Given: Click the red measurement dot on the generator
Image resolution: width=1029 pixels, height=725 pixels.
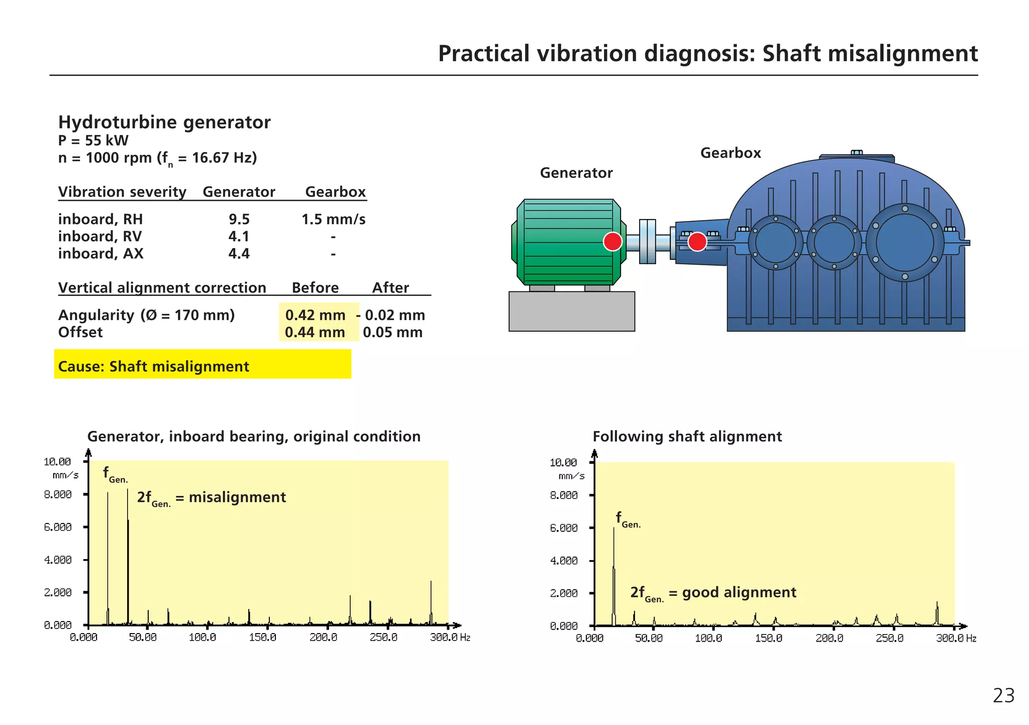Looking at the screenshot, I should click(x=612, y=242).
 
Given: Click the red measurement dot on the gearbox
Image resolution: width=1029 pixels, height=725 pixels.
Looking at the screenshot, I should click(x=697, y=242).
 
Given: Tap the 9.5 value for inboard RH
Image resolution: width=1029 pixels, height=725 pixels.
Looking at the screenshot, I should click(x=239, y=220).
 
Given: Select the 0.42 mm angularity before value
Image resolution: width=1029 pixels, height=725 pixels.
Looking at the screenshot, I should click(x=315, y=315).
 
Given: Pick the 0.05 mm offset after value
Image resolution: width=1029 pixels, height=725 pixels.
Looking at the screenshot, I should click(x=392, y=333).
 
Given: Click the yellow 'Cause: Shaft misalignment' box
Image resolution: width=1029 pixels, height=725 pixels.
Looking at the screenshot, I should click(x=202, y=364).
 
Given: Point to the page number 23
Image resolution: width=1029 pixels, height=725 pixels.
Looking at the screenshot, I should click(x=1003, y=696).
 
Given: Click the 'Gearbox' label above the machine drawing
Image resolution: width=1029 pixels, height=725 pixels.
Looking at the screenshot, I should click(x=730, y=153).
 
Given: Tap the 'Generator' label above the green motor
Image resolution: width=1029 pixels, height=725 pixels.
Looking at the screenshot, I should click(x=576, y=173).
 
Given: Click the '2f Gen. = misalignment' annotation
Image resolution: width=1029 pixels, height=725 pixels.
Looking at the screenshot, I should click(x=211, y=498).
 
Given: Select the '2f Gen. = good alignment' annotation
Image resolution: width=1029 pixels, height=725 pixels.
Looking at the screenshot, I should click(x=713, y=593).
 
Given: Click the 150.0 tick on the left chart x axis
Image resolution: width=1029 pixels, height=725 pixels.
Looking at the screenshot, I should click(x=262, y=638).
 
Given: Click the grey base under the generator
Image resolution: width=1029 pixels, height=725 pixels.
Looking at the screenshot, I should click(x=571, y=311).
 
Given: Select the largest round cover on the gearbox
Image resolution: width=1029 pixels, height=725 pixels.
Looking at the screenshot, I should click(x=904, y=243).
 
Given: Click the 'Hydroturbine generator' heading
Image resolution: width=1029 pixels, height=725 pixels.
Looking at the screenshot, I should click(x=164, y=122).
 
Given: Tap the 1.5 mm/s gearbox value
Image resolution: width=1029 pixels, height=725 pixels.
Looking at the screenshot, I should click(x=333, y=220).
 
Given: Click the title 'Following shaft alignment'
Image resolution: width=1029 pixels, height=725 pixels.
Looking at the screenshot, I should click(x=687, y=437).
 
